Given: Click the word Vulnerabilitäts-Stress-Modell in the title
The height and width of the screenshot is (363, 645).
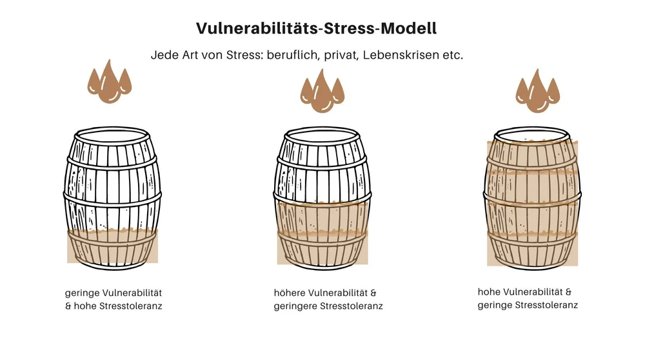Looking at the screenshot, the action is [x=316, y=28].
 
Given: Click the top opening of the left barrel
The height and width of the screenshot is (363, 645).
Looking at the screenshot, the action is [x=112, y=136].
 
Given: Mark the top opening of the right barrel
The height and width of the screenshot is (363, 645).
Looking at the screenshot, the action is [x=531, y=136].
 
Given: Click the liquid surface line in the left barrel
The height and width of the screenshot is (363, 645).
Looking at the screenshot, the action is [x=112, y=230].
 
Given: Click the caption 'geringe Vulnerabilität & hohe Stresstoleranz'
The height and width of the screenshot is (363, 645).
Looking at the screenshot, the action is [x=114, y=299].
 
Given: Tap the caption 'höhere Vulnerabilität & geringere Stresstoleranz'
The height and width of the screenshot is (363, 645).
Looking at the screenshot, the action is [x=328, y=299].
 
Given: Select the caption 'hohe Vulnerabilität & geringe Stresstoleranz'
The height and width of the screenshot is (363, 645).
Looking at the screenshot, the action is [x=528, y=298].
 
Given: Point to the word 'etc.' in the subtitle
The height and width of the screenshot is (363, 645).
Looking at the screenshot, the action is [x=450, y=55].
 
